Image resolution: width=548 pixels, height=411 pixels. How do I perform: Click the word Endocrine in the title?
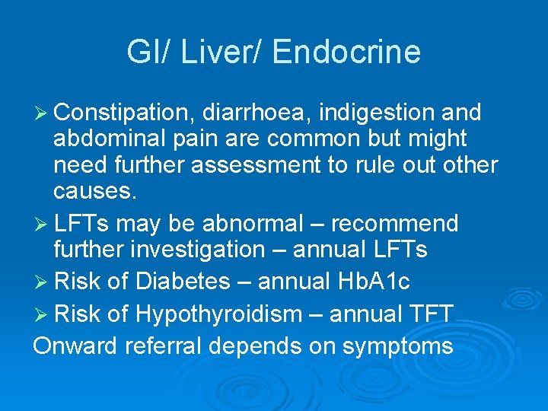(x=346, y=52)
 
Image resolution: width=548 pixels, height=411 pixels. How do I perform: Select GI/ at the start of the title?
(x=148, y=52)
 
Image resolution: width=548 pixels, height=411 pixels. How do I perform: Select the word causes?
(x=94, y=190)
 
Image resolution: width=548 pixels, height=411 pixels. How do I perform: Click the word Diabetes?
(x=183, y=282)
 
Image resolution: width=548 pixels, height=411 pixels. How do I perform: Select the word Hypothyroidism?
(x=219, y=314)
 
